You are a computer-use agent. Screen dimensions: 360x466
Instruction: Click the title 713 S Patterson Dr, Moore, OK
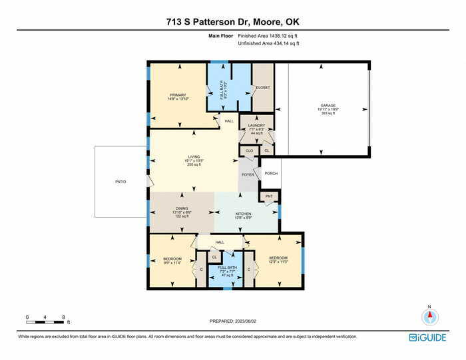(x=232, y=21)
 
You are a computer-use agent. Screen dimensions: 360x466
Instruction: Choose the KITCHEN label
(x=243, y=214)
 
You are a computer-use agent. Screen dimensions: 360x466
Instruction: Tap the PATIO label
(x=120, y=182)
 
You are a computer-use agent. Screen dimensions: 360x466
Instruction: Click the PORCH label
(x=271, y=173)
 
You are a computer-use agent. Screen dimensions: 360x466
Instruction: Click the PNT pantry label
(x=269, y=196)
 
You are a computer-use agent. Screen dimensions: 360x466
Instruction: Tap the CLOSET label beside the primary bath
(x=263, y=87)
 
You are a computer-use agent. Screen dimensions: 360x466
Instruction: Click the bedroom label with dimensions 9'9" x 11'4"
(x=172, y=260)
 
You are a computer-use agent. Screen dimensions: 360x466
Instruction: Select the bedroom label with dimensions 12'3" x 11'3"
(x=278, y=260)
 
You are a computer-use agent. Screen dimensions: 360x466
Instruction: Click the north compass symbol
(x=430, y=317)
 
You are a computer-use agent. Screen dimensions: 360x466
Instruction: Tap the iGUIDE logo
(x=427, y=337)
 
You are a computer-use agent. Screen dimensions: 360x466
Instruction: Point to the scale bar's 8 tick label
(x=63, y=317)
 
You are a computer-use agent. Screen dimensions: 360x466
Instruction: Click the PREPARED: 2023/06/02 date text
(x=232, y=321)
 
